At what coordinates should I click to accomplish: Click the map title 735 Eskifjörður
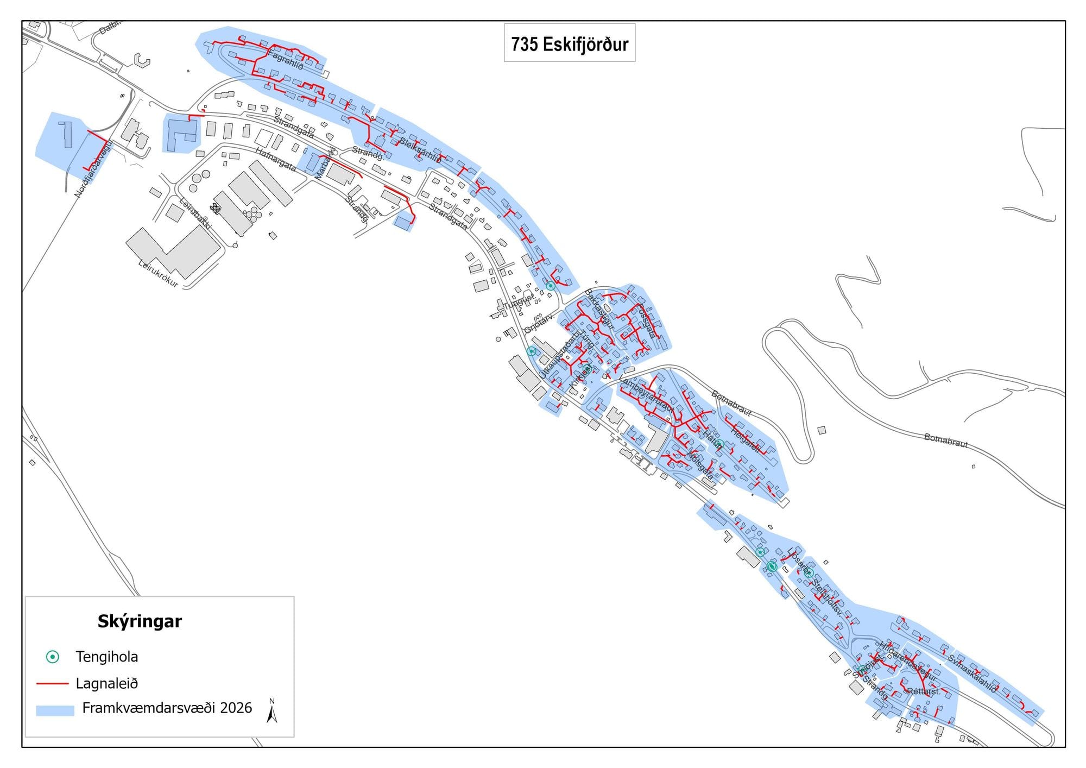tap(570, 44)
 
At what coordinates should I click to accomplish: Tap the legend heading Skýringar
tap(140, 621)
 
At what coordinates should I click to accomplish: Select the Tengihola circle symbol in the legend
tap(53, 657)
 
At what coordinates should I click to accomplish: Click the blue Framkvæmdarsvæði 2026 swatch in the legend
tap(55, 710)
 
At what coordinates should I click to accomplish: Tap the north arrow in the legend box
tap(272, 712)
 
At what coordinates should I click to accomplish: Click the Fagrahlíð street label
tap(286, 60)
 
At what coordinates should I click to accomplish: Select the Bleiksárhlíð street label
tap(420, 150)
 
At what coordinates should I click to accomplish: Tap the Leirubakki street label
tap(195, 212)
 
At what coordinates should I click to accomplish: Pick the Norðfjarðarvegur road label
tap(93, 168)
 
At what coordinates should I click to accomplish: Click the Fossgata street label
tap(646, 320)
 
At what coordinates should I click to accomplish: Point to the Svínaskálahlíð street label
tap(973, 673)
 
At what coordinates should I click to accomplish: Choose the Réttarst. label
tap(924, 691)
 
